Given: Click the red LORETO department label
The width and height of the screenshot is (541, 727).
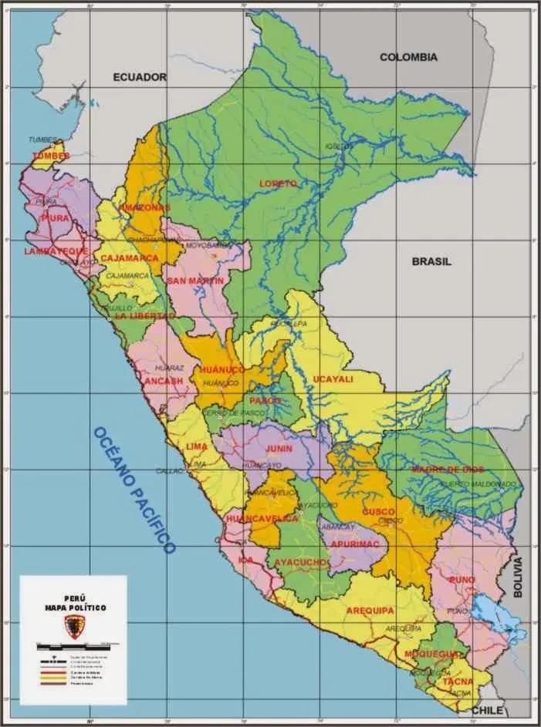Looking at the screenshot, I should pyautogui.click(x=279, y=183).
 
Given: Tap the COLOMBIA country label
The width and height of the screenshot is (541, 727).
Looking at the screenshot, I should pyautogui.click(x=408, y=57).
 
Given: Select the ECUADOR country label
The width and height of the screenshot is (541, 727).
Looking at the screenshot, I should pyautogui.click(x=140, y=77).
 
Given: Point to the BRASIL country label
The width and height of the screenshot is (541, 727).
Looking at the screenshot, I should pyautogui.click(x=431, y=261).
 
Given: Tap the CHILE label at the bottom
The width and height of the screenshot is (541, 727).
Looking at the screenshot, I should pyautogui.click(x=487, y=709).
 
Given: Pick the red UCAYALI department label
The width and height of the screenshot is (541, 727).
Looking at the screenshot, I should pyautogui.click(x=333, y=379).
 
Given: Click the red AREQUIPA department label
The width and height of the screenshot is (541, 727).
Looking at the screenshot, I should pyautogui.click(x=370, y=611).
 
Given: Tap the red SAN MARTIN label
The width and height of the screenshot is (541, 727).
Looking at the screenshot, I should pyautogui.click(x=194, y=281).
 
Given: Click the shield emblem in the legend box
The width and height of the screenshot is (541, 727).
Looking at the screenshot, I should pyautogui.click(x=74, y=628).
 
